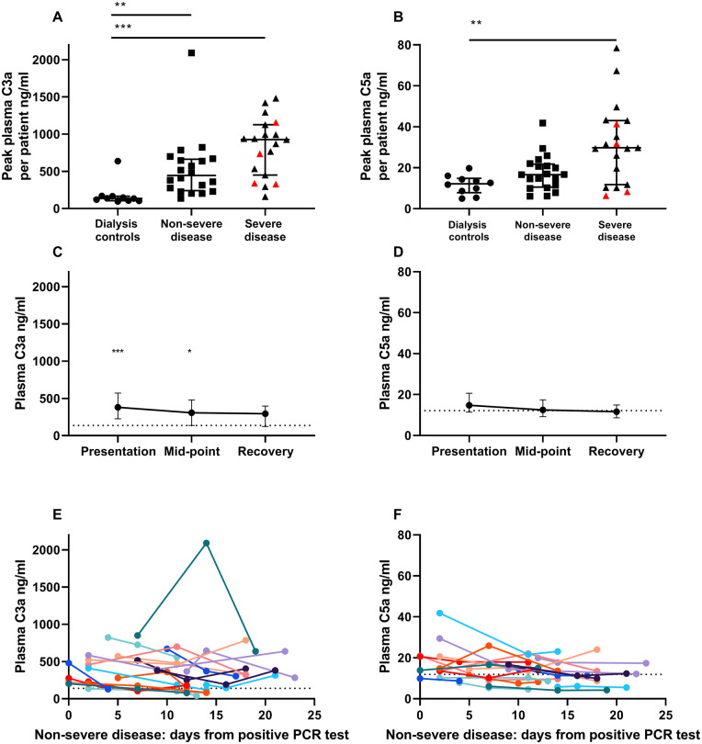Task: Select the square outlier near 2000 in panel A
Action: (191, 52)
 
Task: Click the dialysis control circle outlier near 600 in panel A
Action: (118, 161)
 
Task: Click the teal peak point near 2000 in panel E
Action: (207, 543)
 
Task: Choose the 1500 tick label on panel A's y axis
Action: (46, 97)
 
